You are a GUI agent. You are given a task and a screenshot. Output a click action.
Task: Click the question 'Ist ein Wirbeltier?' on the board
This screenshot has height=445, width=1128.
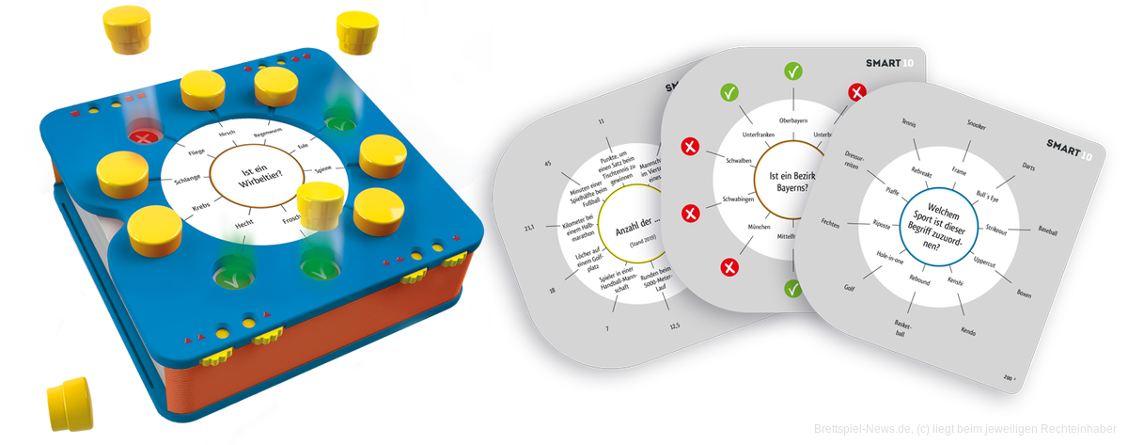click(249, 174)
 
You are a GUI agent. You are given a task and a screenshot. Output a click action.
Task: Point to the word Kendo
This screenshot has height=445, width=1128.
click(967, 331)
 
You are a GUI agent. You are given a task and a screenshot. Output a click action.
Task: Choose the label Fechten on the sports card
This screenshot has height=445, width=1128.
click(830, 223)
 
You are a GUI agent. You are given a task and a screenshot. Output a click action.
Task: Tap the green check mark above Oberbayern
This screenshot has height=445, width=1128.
click(794, 71)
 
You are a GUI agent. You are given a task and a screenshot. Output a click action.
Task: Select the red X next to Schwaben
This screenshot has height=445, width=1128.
click(691, 149)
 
